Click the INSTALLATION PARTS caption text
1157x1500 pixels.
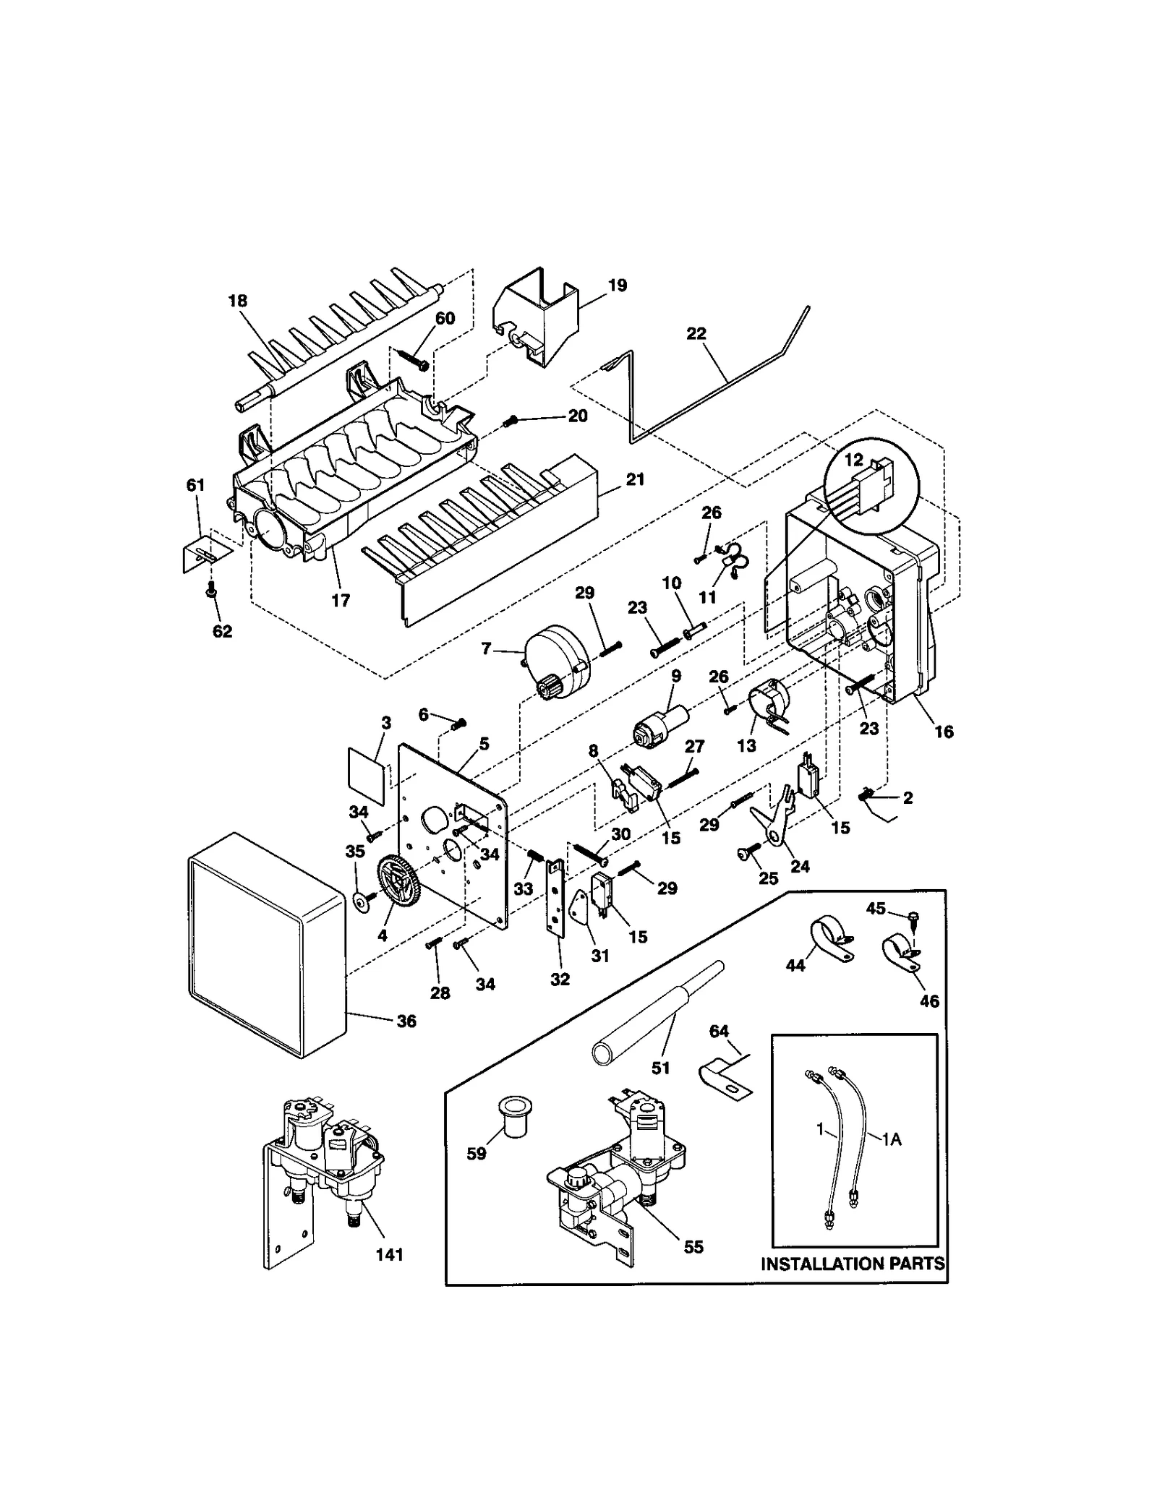tap(853, 1263)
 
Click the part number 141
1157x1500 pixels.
tap(389, 1254)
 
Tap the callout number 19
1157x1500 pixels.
tap(617, 285)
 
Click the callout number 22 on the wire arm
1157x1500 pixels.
tap(696, 333)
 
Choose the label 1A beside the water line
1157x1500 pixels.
tap(892, 1139)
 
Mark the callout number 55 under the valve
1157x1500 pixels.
tap(693, 1246)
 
